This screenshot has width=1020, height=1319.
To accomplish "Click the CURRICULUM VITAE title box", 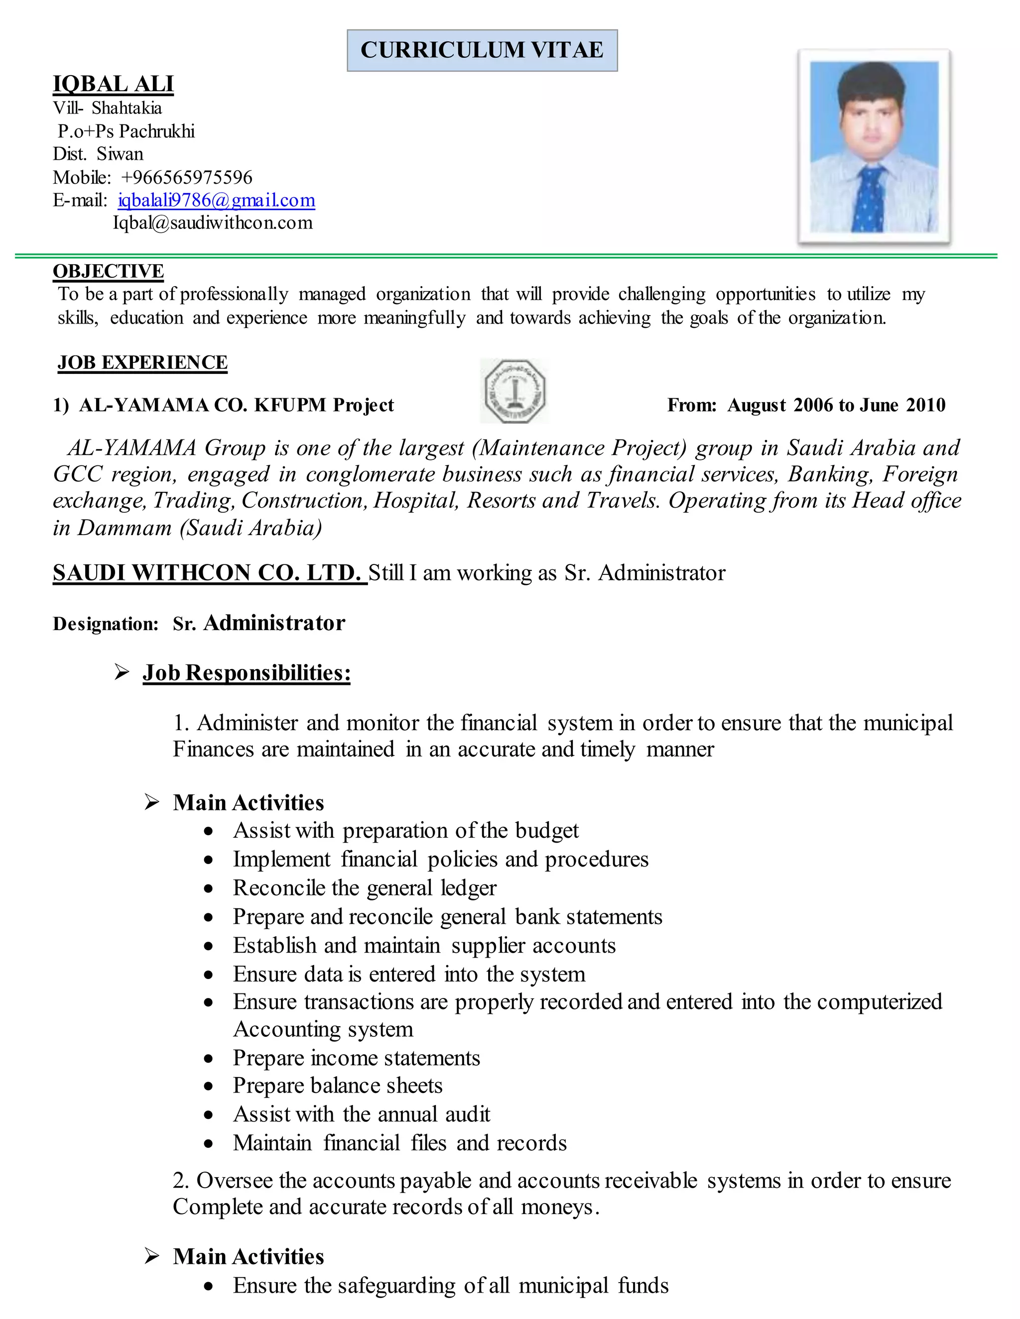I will tap(482, 50).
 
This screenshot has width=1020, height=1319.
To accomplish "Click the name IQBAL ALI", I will tap(113, 84).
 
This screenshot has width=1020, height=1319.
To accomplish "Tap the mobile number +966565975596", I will tap(186, 178).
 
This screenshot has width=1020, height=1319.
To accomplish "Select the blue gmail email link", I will tap(216, 200).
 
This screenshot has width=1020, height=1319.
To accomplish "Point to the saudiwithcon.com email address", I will tap(213, 223).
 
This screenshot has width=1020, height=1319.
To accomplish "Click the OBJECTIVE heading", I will tap(108, 271).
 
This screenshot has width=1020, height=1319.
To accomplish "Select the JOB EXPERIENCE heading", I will tap(142, 362).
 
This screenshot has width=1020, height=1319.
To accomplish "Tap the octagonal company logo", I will tap(515, 391).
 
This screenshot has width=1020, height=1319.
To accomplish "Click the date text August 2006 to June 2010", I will tap(836, 405).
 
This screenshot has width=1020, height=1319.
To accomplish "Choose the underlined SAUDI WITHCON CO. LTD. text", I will tap(209, 572).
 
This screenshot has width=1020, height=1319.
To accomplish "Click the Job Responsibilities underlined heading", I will tap(247, 673).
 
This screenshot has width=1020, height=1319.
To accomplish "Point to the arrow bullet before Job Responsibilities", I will tap(122, 672).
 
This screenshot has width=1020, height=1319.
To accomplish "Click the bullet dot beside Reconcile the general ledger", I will tap(209, 889).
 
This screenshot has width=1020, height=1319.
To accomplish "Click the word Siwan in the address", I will tap(120, 154).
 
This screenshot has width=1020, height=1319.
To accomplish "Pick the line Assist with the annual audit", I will tap(362, 1114).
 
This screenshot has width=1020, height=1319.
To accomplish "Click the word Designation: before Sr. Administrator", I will tap(106, 624).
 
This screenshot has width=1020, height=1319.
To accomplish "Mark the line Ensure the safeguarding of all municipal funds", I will tap(451, 1286).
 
